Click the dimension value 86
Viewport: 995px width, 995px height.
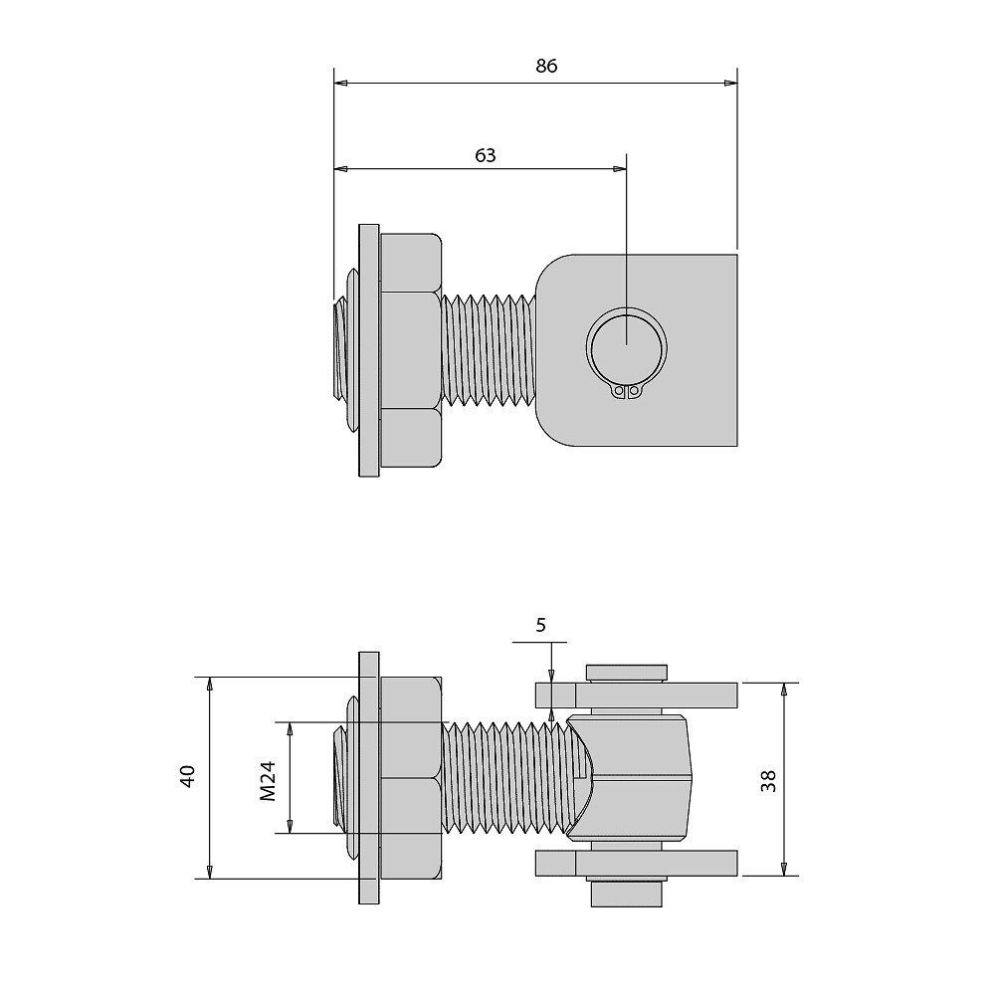click(545, 66)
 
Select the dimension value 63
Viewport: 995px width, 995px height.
click(485, 155)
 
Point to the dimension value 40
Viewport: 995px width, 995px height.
click(188, 776)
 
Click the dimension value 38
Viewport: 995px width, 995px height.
click(768, 780)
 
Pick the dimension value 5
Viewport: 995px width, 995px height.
click(540, 625)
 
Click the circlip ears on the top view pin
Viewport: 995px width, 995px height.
click(626, 392)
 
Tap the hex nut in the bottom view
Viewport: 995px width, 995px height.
click(411, 778)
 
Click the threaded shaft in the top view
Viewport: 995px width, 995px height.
click(490, 349)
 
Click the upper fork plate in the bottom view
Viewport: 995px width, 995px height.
click(637, 695)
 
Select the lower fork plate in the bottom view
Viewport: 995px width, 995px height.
click(637, 863)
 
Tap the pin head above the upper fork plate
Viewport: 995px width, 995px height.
click(626, 674)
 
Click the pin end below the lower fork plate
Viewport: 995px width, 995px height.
click(626, 891)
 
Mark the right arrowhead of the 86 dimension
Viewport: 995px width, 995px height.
click(731, 84)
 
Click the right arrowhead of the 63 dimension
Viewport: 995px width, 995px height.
click(619, 169)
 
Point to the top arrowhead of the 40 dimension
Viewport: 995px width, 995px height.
click(210, 684)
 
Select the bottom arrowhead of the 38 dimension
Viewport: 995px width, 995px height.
click(784, 869)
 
